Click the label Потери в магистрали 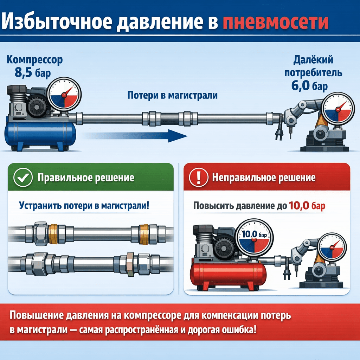[172, 95]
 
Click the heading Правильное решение [86, 178]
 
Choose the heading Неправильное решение [264, 178]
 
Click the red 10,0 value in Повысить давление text [299, 206]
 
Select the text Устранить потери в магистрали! [84, 205]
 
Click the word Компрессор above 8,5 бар [34, 60]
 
